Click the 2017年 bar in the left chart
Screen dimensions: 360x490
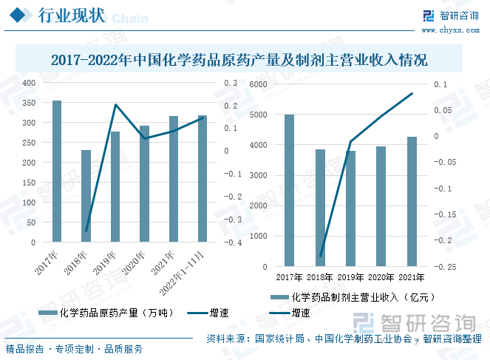click(57, 171)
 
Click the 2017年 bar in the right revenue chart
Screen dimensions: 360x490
click(289, 190)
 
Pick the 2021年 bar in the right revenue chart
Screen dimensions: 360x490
click(412, 201)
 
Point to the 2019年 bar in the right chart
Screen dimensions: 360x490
click(350, 208)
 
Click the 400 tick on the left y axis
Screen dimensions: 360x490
click(27, 83)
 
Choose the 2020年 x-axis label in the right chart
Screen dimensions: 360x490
click(381, 277)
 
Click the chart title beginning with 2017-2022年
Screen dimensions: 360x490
click(239, 59)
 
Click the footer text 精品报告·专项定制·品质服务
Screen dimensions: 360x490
click(74, 349)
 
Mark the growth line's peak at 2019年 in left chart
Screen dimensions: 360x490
click(115, 104)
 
